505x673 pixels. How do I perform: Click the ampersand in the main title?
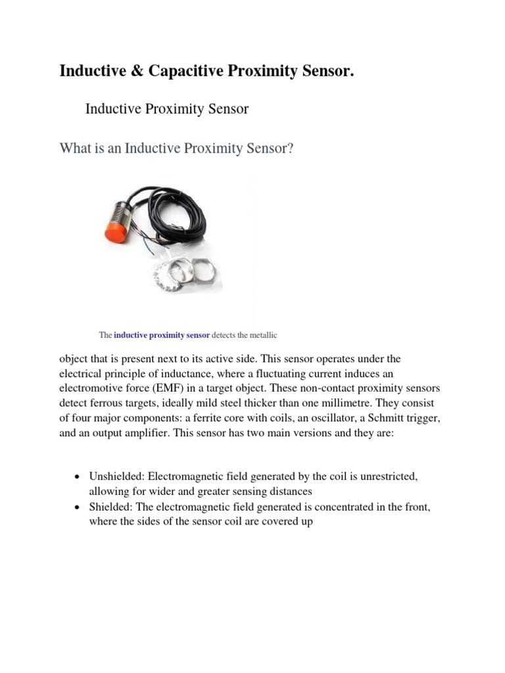click(137, 71)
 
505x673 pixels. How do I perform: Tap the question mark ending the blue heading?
click(290, 149)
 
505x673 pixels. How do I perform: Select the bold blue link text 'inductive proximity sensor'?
click(162, 335)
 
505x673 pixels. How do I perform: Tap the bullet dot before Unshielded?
click(78, 477)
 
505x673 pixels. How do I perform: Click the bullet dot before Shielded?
click(78, 507)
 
